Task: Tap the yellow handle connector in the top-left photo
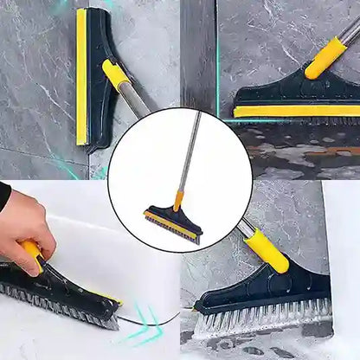(115, 74)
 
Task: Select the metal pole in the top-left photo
(136, 102)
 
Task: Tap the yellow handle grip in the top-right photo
(325, 57)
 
